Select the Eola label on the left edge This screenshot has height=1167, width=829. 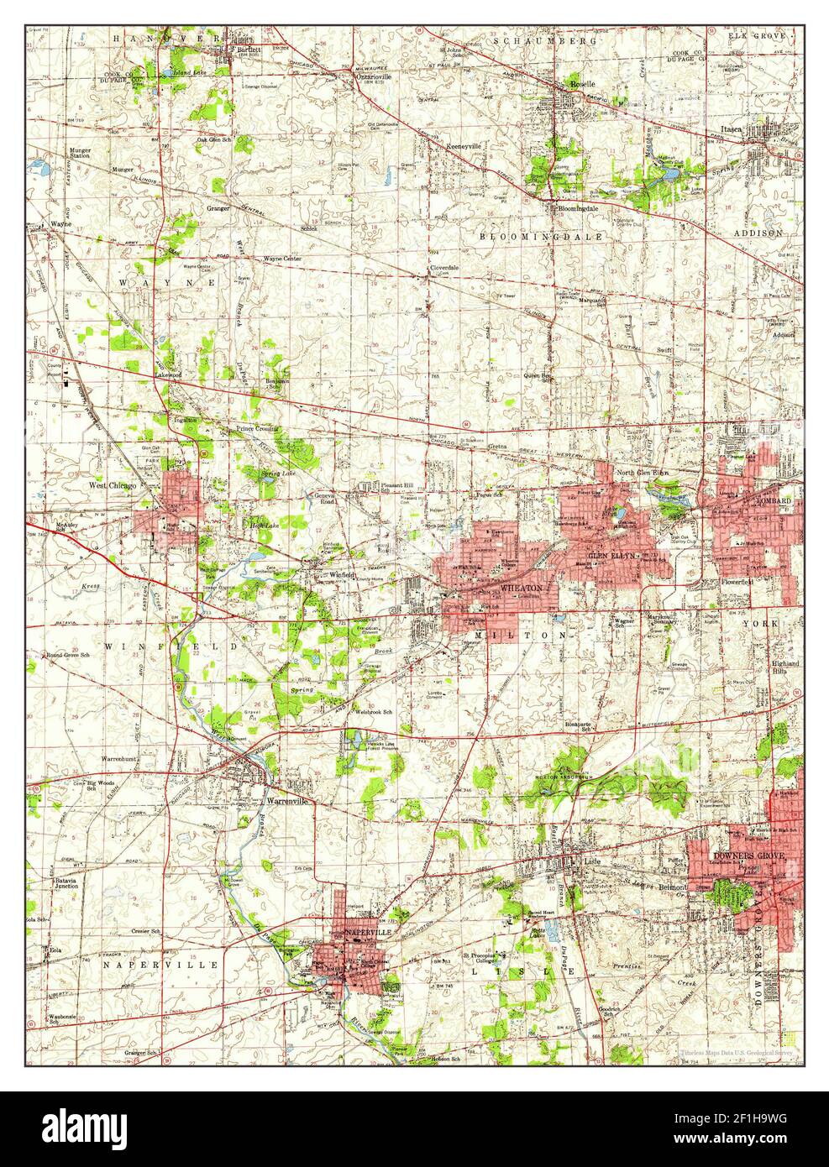[55, 950]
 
